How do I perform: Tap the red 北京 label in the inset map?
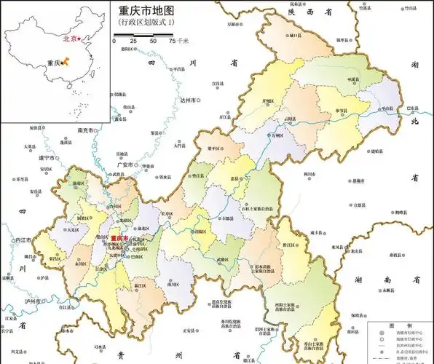[70, 39]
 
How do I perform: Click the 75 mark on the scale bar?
[173, 41]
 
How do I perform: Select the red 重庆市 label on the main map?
[119, 239]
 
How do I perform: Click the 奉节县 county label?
[342, 110]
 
